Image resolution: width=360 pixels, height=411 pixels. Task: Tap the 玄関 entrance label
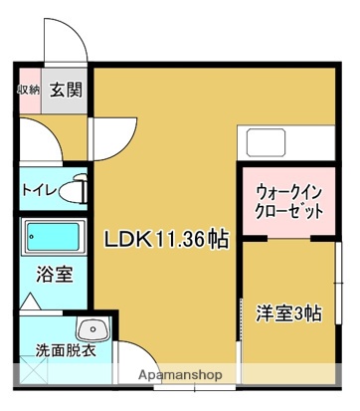coord(67,90)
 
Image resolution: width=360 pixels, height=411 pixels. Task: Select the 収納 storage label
coord(28,90)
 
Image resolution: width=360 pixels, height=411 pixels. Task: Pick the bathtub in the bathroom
coord(55,239)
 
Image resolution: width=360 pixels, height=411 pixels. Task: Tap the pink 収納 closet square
coord(28,93)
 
